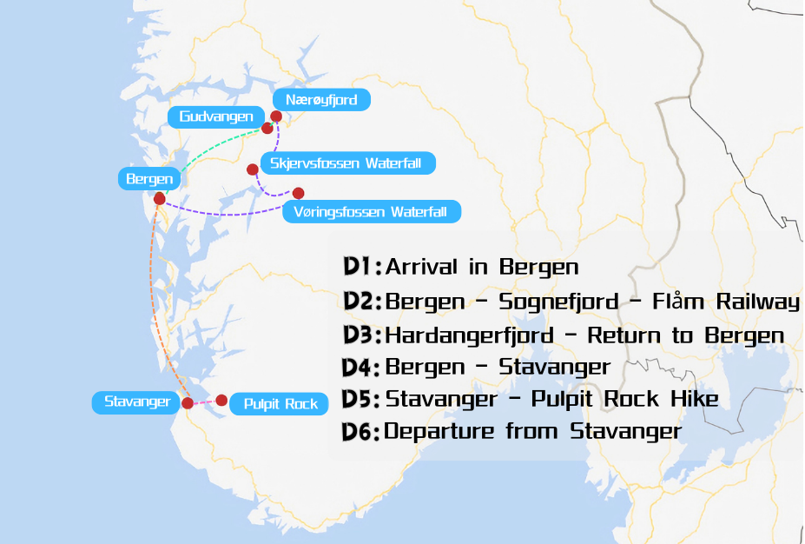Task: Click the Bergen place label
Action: pos(149,180)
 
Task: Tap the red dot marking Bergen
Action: pos(160,199)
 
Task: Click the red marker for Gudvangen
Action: pos(267,129)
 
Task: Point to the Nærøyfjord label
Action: pos(321,100)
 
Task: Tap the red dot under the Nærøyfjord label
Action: pos(276,116)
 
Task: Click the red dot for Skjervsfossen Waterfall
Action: pos(253,169)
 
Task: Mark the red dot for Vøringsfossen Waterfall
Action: pos(299,193)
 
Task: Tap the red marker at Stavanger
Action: pos(188,403)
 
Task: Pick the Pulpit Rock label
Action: pos(280,403)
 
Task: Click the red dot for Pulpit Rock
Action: pos(221,400)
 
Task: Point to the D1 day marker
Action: pos(362,267)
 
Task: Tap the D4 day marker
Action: pos(362,368)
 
